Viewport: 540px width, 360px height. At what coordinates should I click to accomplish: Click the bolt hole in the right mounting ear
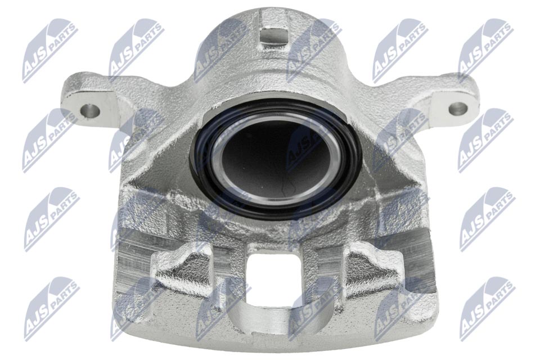[458, 109]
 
